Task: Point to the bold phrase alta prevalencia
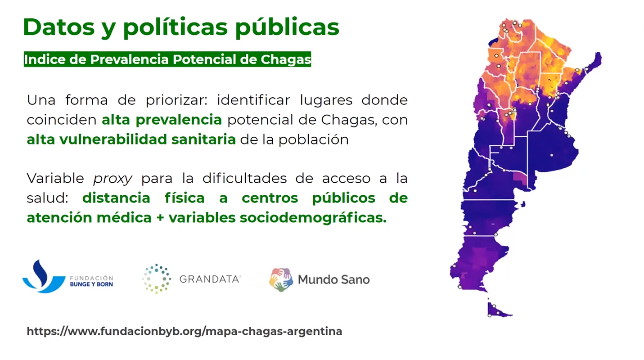click(x=162, y=120)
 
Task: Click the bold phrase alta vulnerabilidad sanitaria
click(x=131, y=139)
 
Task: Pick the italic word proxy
click(x=113, y=179)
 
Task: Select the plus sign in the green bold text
click(x=160, y=218)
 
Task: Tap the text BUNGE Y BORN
click(x=91, y=284)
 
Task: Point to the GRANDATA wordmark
click(x=210, y=279)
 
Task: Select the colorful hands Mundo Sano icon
click(x=281, y=279)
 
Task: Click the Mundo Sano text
click(x=333, y=279)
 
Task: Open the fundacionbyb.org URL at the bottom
click(x=185, y=332)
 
